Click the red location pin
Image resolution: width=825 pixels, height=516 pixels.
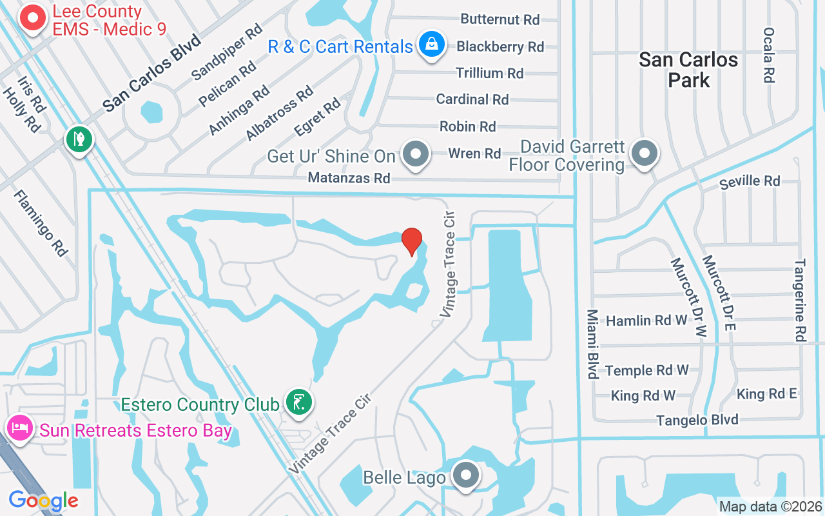click(412, 241)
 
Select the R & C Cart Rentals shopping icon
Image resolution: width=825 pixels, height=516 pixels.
click(429, 45)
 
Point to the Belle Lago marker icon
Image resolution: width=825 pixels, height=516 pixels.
click(465, 476)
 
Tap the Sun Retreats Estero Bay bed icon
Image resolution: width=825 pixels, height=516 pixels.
click(19, 428)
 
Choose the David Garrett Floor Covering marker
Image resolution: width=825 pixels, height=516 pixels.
click(643, 154)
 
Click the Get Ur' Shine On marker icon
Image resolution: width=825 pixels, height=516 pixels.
click(416, 155)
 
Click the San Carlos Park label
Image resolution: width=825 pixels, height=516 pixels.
click(688, 70)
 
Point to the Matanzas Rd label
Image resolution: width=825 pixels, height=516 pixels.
click(349, 177)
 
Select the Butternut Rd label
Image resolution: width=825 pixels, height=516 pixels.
click(500, 19)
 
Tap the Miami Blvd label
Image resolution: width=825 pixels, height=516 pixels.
click(592, 344)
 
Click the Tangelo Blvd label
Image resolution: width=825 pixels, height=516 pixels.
click(697, 421)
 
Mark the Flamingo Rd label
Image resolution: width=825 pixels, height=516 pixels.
click(41, 223)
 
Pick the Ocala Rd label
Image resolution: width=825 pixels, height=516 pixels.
click(768, 55)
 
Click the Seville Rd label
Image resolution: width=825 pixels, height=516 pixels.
click(750, 181)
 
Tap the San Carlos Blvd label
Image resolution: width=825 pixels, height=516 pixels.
click(153, 72)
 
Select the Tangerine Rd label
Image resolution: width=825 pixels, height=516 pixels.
click(800, 300)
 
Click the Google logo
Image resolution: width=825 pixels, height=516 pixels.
click(43, 501)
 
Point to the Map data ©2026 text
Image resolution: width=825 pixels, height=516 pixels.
click(770, 507)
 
